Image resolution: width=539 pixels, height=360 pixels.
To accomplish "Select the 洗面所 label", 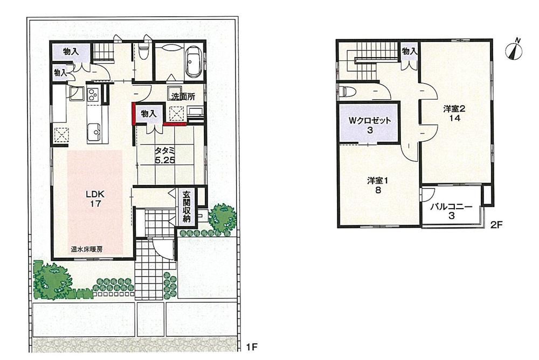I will point(183,97).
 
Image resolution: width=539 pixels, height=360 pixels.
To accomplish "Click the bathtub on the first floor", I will point(193,61).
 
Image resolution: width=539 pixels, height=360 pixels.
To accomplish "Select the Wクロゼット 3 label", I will point(369,124).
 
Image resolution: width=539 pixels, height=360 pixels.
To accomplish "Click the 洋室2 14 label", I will point(454,114).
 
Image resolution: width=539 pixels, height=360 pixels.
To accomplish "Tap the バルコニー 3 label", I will point(451,211).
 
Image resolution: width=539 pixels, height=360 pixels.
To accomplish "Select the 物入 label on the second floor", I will point(409,52).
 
